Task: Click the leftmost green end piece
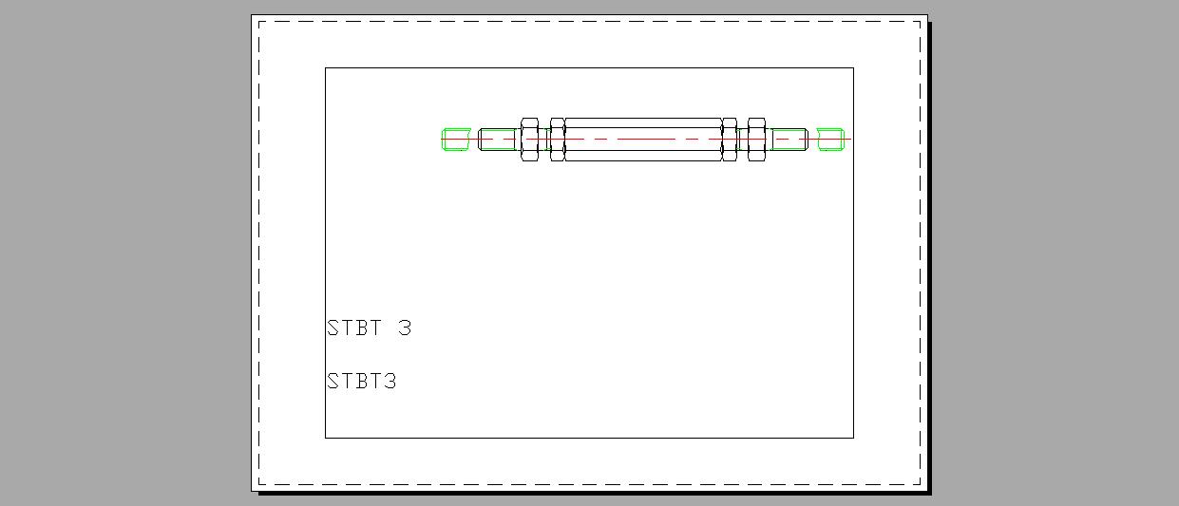456,140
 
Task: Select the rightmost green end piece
831,140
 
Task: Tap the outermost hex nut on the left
529,140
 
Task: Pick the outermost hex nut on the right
756,140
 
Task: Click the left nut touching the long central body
558,140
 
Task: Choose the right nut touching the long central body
730,140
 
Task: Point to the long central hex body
644,140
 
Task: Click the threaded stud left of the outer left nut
499,140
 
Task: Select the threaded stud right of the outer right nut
787,140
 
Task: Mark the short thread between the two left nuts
544,140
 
